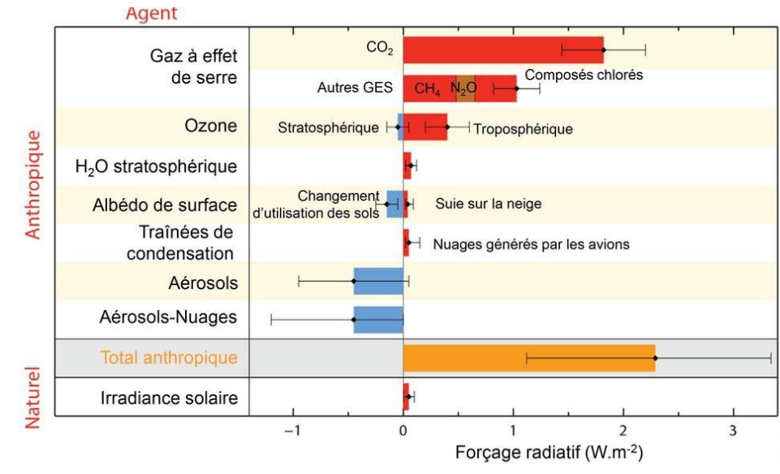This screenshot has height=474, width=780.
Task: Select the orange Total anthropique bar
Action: pos(528,358)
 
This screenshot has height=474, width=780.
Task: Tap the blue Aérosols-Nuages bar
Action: pos(378,319)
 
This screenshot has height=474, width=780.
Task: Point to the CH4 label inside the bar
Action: pos(428,88)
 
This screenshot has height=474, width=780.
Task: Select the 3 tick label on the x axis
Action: pos(733,429)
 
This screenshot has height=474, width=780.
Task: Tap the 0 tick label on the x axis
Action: pos(403,429)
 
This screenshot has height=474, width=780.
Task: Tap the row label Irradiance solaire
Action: pos(169,399)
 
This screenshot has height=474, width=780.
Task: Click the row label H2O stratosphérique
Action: pos(156,167)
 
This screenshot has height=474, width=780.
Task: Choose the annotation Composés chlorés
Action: pos(584,75)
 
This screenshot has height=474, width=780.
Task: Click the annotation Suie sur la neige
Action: pos(488,204)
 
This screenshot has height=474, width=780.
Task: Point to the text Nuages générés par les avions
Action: pos(531,243)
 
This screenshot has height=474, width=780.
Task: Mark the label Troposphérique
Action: pos(523,128)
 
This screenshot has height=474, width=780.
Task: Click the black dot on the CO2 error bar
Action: pos(603,50)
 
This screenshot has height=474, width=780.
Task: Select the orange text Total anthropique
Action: pos(169,357)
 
